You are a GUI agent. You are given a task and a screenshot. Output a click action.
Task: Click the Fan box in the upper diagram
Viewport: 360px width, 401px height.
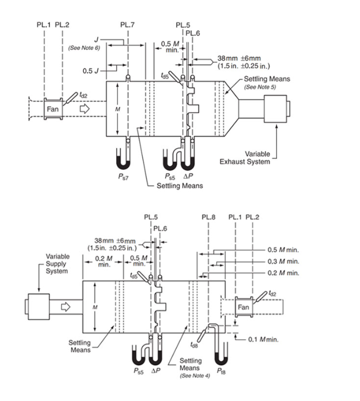point(53,109)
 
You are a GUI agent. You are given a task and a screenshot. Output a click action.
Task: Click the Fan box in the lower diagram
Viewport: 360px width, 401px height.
point(244,307)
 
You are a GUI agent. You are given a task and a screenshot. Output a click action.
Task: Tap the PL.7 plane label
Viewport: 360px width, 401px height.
point(127,25)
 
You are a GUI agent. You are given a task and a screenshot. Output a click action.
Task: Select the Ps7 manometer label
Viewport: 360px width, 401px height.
point(123,177)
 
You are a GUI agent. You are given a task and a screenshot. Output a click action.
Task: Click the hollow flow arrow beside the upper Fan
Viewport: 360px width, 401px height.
point(85,109)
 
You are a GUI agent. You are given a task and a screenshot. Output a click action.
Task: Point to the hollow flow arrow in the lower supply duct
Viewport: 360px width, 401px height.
point(66,307)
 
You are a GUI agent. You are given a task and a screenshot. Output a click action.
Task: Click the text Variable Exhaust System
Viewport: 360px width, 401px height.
point(244,158)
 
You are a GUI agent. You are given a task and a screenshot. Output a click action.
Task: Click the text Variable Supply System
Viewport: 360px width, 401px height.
point(57,264)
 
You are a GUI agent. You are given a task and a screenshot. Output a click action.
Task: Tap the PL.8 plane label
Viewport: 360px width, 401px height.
point(209,217)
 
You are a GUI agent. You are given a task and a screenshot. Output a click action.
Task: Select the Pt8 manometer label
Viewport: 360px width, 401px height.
point(221,371)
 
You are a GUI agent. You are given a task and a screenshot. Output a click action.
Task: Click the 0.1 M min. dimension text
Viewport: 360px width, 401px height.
point(263,339)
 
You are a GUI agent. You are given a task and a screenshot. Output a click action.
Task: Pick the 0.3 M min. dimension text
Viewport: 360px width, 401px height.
point(283,261)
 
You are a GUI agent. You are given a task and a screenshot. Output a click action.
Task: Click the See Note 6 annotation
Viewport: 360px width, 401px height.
point(84,48)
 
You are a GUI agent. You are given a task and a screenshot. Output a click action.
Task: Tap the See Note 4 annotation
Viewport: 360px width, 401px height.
point(195,376)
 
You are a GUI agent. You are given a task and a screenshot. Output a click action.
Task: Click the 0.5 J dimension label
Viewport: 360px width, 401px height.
point(90,71)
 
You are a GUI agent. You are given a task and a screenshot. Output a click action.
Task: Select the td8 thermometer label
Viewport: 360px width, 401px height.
point(194,345)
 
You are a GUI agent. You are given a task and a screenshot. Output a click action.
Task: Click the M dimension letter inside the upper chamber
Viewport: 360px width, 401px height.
point(117,109)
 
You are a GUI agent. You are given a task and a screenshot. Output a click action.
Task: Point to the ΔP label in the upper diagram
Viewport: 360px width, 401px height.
point(188,176)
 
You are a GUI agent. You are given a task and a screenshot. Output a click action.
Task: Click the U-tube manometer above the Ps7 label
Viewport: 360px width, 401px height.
point(123,159)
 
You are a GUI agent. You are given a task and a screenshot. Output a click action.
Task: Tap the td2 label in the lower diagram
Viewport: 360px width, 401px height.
point(272,293)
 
